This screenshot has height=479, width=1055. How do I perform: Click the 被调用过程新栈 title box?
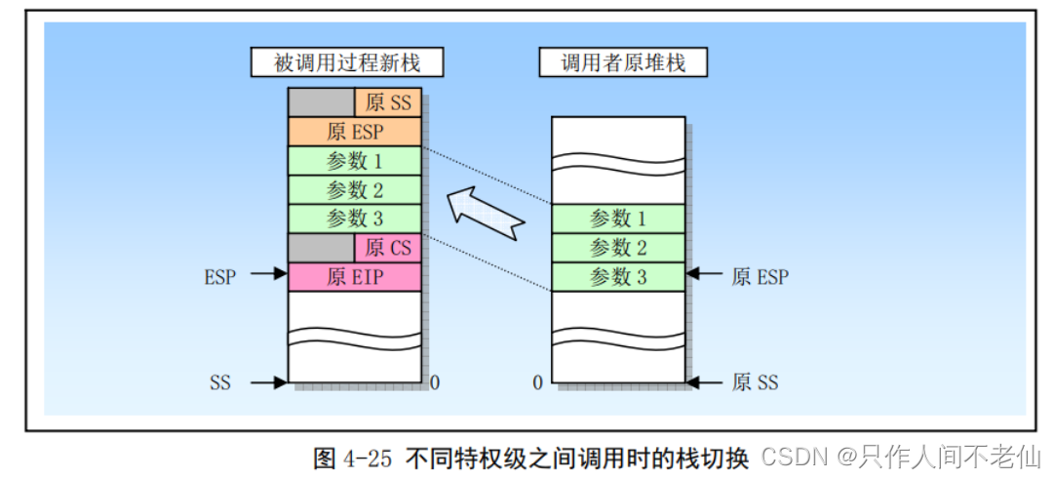pyautogui.click(x=348, y=63)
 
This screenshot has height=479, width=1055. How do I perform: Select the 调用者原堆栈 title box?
pyautogui.click(x=623, y=63)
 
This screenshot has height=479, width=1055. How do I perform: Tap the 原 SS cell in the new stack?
pyautogui.click(x=388, y=102)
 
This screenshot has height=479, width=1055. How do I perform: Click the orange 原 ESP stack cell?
pyautogui.click(x=355, y=132)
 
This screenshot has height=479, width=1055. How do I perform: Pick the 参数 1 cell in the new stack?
pyautogui.click(x=355, y=161)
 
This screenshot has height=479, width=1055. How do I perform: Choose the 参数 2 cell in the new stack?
pyautogui.click(x=355, y=189)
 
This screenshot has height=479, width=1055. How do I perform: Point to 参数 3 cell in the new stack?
pyautogui.click(x=355, y=218)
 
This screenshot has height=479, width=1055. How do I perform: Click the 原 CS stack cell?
pyautogui.click(x=388, y=248)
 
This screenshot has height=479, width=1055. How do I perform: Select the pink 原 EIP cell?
pyautogui.click(x=355, y=276)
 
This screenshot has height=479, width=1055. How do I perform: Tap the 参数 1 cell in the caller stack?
pyautogui.click(x=618, y=219)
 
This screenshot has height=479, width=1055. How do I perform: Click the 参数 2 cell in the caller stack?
pyautogui.click(x=618, y=248)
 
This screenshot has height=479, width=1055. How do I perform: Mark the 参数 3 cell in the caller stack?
pyautogui.click(x=618, y=276)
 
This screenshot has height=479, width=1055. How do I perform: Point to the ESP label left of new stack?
pyautogui.click(x=220, y=276)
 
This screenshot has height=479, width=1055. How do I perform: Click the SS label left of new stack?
pyautogui.click(x=220, y=382)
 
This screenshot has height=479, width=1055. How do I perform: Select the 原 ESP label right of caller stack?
pyautogui.click(x=760, y=276)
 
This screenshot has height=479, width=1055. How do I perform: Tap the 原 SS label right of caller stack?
pyautogui.click(x=756, y=382)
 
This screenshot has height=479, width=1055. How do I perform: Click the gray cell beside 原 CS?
pyautogui.click(x=321, y=248)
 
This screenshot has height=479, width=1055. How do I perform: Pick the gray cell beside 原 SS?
pyautogui.click(x=321, y=102)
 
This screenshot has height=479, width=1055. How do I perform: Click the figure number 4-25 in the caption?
pyautogui.click(x=367, y=457)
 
